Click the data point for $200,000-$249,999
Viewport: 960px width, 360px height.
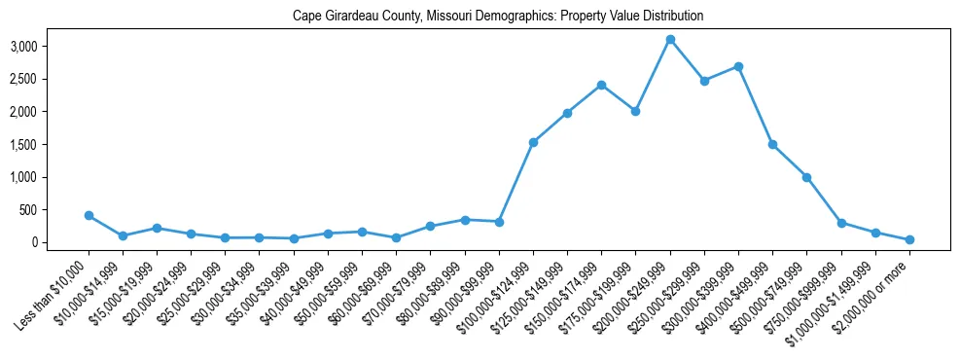point(670,40)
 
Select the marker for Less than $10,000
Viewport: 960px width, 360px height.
point(89,215)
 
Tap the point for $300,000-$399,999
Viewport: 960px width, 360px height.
point(738,66)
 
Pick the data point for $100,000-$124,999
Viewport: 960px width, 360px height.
point(533,142)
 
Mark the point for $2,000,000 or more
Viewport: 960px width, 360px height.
point(909,239)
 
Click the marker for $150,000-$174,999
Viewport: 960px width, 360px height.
point(601,85)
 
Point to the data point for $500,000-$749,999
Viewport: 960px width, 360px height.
point(806,177)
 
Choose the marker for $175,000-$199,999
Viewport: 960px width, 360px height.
point(635,111)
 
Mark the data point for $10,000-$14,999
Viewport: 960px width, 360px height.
point(123,235)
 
